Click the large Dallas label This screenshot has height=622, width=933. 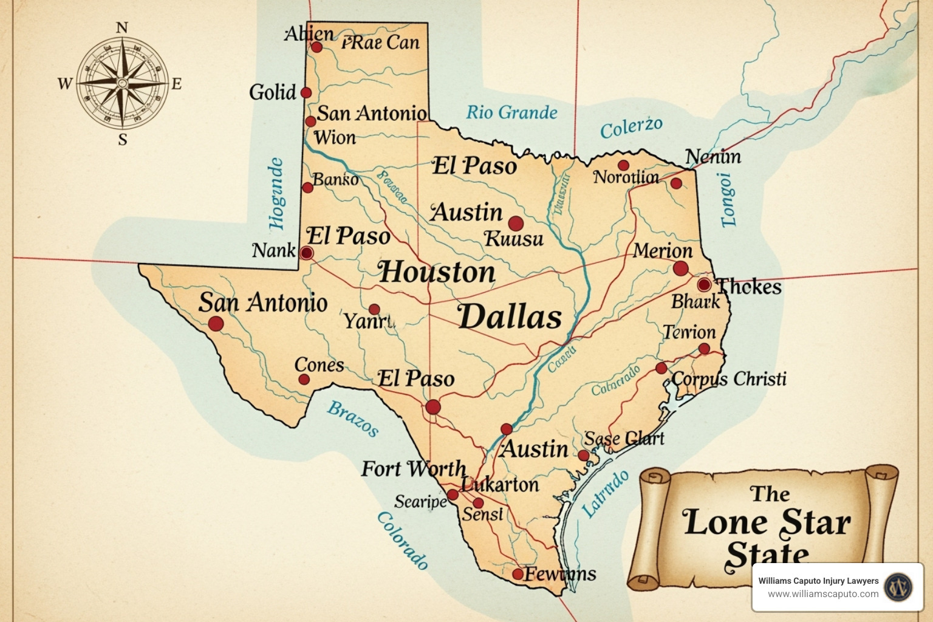(510, 317)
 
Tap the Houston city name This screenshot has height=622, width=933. (437, 272)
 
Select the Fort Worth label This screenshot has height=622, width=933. (414, 469)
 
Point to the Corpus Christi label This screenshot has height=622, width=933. (729, 379)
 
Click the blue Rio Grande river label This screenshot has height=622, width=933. (511, 112)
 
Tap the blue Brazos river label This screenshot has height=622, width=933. (353, 419)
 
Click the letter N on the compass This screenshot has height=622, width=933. (122, 27)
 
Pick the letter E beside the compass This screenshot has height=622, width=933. (176, 84)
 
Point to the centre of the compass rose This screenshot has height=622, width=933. (123, 83)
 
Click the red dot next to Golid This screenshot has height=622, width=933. (306, 92)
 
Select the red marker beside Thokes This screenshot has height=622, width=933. (704, 284)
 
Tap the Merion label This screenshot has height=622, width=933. (662, 251)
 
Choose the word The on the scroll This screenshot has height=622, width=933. (770, 494)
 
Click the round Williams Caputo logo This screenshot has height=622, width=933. (898, 587)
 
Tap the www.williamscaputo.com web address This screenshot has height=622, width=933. (823, 594)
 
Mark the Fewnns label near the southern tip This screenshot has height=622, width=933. (560, 574)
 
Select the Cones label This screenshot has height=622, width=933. (319, 364)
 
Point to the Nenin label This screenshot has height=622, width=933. (713, 157)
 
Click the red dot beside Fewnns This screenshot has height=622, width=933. (518, 574)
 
